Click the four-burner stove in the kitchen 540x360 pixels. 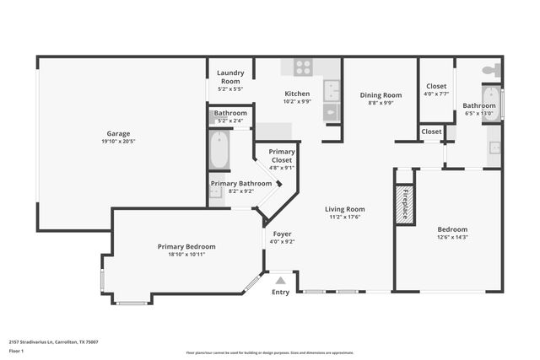(302, 67)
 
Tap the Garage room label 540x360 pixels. (118, 133)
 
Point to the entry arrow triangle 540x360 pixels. (280, 279)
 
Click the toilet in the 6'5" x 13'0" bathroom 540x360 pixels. (489, 71)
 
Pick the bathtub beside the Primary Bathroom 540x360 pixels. (219, 150)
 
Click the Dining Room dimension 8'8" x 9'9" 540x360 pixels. (381, 103)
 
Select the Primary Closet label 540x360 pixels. (282, 155)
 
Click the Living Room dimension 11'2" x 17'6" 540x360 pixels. (345, 217)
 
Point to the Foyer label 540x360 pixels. (281, 234)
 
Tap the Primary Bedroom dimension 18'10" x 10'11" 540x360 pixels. (186, 254)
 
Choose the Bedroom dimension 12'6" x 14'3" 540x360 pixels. (452, 237)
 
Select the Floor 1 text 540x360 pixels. (16, 350)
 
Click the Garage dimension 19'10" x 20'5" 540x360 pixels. (118, 141)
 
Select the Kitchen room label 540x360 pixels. (297, 94)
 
